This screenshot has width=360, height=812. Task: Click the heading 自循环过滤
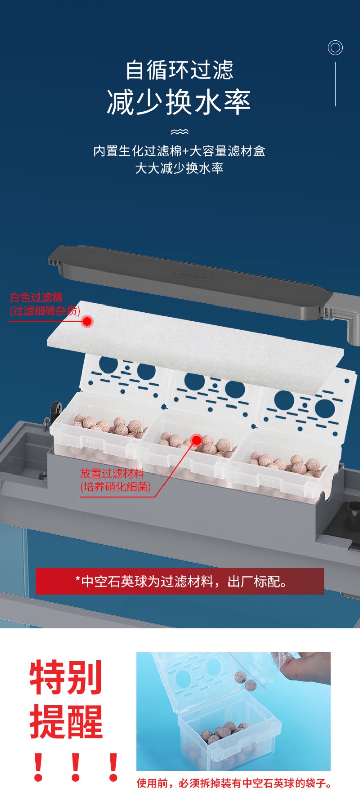179,70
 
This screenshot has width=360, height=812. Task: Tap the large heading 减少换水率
179,103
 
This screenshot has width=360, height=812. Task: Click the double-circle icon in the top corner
335,48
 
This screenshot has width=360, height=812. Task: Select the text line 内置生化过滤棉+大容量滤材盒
179,151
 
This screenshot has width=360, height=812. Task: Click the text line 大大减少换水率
179,168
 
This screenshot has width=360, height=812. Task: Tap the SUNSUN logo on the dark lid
193,276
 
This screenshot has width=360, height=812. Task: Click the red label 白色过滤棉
36,297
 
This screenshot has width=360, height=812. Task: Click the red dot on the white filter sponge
87,321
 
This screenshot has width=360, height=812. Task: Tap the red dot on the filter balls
197,440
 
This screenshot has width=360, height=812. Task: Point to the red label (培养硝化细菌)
115,487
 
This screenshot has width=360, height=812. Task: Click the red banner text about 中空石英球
180,582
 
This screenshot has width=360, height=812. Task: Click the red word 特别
66,677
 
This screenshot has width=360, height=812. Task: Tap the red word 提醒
66,722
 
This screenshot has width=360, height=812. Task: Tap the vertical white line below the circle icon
335,84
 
